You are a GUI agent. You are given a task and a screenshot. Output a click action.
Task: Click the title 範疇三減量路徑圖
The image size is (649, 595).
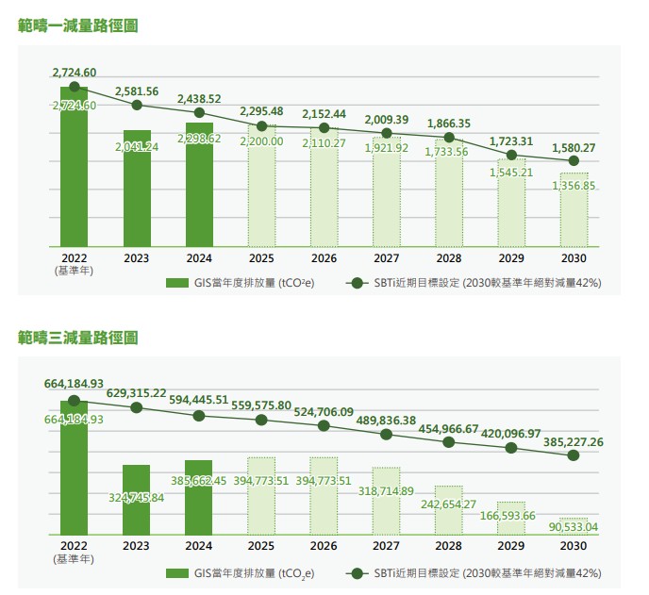tap(78, 337)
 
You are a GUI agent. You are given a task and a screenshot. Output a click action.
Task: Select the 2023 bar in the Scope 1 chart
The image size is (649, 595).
tap(137, 189)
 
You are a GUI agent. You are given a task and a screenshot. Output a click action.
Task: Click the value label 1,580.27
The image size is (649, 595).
tap(574, 147)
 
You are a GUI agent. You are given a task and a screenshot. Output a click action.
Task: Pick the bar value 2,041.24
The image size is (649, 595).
tap(137, 147)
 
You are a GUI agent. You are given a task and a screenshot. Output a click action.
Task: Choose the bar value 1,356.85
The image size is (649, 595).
tap(574, 187)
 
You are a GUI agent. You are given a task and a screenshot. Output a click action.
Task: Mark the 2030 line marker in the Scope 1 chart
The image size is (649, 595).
tap(574, 161)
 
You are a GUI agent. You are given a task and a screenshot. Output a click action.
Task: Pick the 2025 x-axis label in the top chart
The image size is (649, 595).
tap(261, 257)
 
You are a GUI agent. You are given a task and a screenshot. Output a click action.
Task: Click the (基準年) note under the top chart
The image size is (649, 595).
tap(75, 270)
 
